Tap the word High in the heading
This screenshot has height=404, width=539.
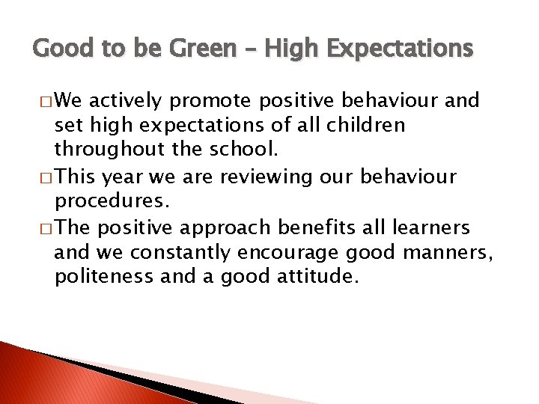pyautogui.click(x=285, y=49)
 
